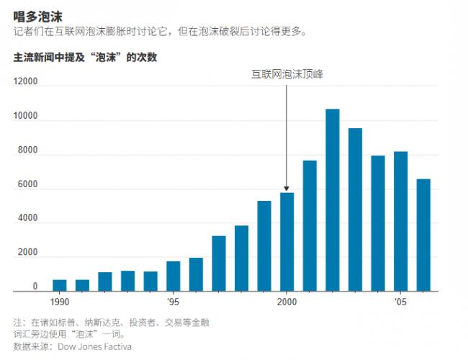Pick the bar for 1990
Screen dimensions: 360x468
60,285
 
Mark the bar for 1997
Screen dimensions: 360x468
219,264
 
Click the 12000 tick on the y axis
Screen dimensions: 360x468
26,82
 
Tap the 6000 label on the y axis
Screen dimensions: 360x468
28,185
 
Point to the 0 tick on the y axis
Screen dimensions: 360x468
35,287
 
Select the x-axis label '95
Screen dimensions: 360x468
174,302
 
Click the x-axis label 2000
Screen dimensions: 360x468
287,302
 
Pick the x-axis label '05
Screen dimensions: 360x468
400,302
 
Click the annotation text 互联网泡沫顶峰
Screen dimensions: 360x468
287,73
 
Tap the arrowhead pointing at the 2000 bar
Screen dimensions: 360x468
287,189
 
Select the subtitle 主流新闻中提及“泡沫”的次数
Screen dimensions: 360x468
85,57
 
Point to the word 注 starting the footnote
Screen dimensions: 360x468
18,322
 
